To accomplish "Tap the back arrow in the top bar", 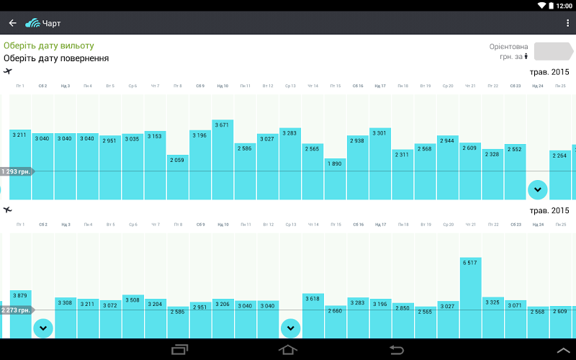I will [x=12, y=23].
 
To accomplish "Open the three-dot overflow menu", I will [x=568, y=23].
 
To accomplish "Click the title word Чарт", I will [x=52, y=23].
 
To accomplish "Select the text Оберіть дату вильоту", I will [x=48, y=45].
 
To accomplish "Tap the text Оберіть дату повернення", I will [x=56, y=58].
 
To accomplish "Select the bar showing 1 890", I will [x=335, y=180].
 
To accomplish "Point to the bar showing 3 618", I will [x=312, y=317].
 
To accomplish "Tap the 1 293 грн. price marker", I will [x=16, y=171].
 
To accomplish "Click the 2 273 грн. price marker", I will [x=16, y=310].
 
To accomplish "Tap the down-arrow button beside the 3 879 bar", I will [x=43, y=328].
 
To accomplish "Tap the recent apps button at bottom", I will [x=179, y=350].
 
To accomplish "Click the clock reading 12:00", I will [x=564, y=5].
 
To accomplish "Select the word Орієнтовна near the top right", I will [x=508, y=46].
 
